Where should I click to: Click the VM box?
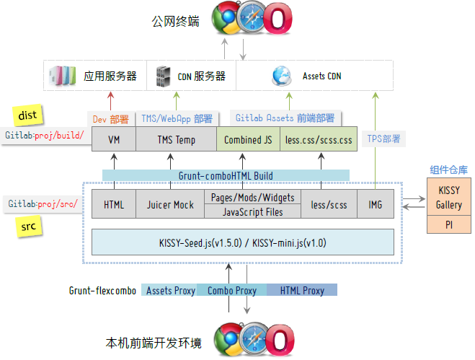114,140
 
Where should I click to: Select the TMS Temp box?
176,140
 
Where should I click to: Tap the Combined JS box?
247,140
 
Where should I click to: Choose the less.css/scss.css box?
318,140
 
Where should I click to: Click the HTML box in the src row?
114,205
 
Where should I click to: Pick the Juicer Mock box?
170,205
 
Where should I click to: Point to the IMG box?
376,205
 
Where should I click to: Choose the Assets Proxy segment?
170,291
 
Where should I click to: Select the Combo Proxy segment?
232,291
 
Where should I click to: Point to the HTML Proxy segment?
301,291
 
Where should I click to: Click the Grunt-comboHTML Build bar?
226,175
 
